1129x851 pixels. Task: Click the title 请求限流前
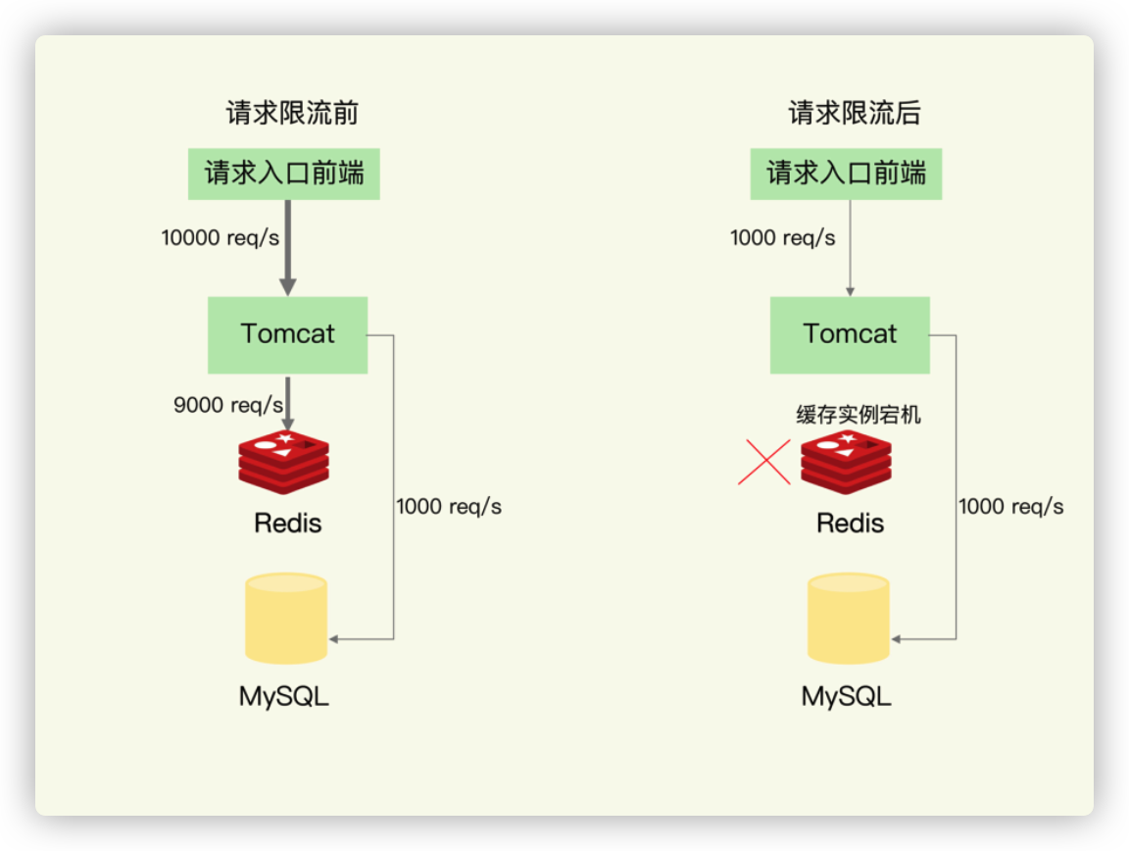click(x=292, y=113)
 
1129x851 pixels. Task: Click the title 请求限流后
click(x=855, y=113)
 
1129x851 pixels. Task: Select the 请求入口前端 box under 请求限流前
click(x=283, y=174)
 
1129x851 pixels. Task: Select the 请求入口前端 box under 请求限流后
click(x=846, y=174)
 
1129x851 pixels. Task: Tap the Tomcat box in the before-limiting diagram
click(x=288, y=335)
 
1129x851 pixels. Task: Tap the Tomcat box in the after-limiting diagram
click(x=851, y=335)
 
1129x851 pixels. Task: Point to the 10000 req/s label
click(x=221, y=238)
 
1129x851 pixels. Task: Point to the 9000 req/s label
click(x=228, y=405)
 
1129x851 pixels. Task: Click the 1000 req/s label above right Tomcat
click(x=783, y=238)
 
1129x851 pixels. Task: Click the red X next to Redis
click(x=764, y=462)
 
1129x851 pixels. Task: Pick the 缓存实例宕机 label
click(x=859, y=415)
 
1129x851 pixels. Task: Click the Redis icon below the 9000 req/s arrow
click(x=283, y=462)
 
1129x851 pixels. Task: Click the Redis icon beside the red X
click(x=846, y=462)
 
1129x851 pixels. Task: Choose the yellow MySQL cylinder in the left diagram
click(x=286, y=619)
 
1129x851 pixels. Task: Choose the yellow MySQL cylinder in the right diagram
click(x=849, y=619)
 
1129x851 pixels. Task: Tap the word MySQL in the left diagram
click(x=283, y=696)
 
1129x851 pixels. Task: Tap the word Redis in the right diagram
click(x=851, y=524)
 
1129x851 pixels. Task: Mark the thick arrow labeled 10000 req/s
click(x=288, y=248)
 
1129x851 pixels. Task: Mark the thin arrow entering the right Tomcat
click(x=851, y=248)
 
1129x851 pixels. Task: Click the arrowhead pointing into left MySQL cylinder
click(x=334, y=639)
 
